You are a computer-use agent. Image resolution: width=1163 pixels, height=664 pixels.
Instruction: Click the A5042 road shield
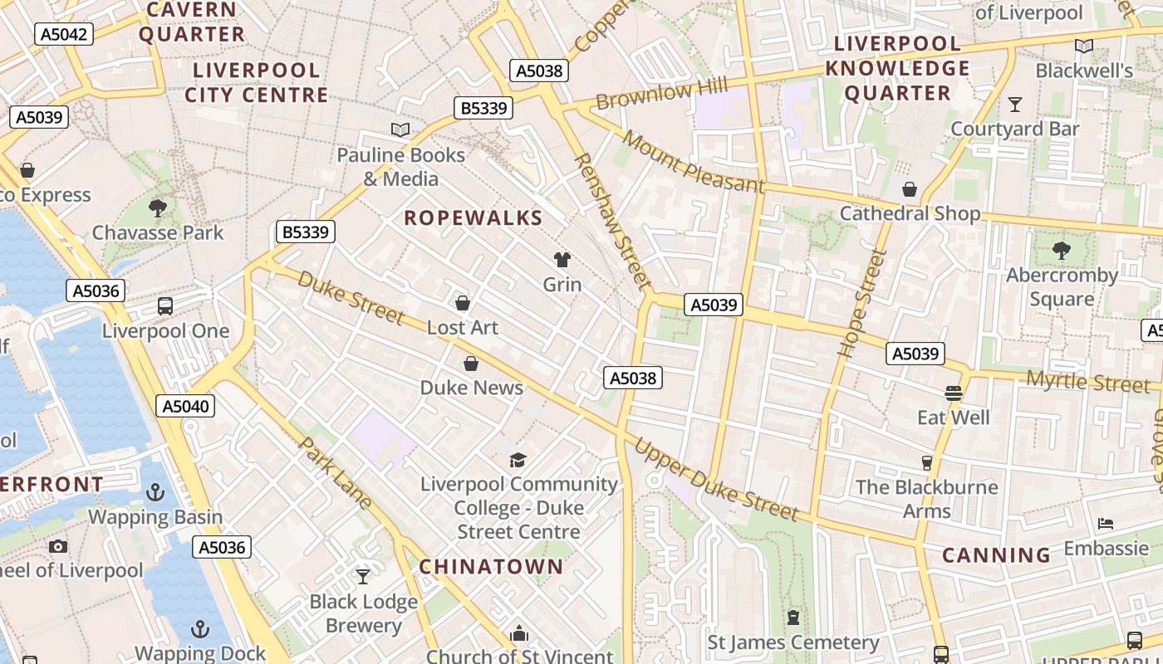tap(64, 34)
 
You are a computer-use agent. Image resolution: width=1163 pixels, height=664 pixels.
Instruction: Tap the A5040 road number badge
tap(185, 406)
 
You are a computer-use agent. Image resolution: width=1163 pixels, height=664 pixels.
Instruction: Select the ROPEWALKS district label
tap(473, 218)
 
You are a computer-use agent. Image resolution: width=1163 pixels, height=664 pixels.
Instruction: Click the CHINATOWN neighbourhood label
tap(491, 567)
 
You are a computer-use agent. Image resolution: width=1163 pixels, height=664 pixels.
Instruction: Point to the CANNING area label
tap(996, 555)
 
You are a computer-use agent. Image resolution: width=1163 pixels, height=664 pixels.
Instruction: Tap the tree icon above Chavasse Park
tap(158, 207)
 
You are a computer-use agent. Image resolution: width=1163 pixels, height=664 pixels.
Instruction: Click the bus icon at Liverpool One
tap(165, 306)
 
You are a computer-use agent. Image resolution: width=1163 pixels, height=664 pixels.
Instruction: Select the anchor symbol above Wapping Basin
tap(155, 492)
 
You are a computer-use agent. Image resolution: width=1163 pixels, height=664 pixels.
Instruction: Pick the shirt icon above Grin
tap(562, 260)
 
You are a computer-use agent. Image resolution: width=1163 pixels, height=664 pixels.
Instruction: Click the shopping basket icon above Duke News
tap(471, 364)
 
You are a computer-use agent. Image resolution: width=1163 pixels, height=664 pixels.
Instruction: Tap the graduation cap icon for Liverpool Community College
tap(518, 460)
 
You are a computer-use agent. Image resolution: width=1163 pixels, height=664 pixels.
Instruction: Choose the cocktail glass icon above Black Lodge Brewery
tap(363, 576)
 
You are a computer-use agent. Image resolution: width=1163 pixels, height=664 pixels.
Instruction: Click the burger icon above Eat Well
tap(953, 393)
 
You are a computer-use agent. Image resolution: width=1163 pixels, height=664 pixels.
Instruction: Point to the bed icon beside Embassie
tap(1106, 524)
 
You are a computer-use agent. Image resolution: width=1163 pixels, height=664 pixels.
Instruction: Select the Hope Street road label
tap(859, 304)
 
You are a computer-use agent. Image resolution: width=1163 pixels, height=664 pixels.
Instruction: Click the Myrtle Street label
tap(1087, 383)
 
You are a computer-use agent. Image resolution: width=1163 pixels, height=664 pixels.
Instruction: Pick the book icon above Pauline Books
tap(400, 129)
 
